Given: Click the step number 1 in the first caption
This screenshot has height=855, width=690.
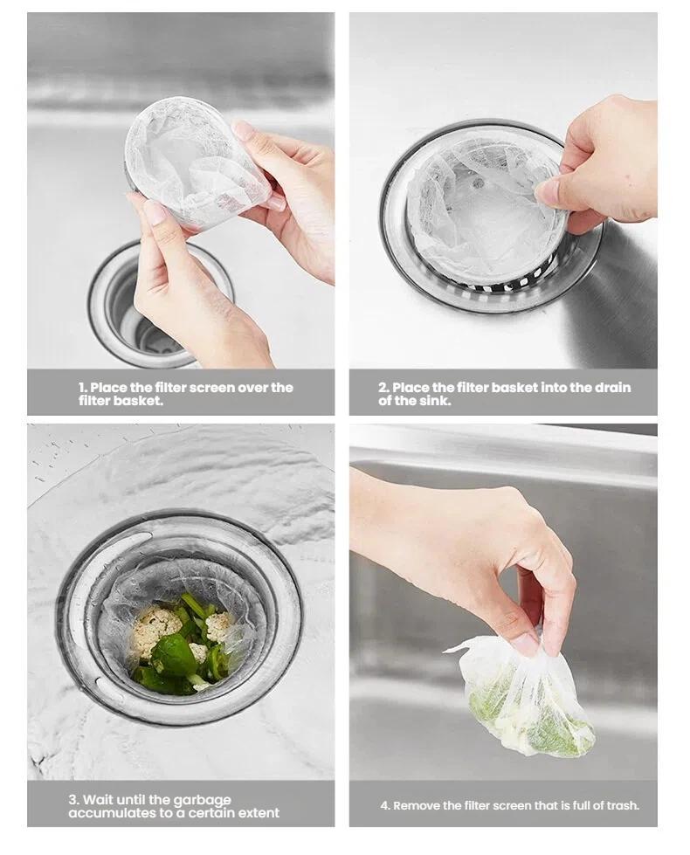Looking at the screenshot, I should (x=82, y=387).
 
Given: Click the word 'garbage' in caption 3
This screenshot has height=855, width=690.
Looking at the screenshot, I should (x=202, y=799).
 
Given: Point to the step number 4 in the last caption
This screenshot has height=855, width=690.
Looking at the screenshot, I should (x=384, y=805).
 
